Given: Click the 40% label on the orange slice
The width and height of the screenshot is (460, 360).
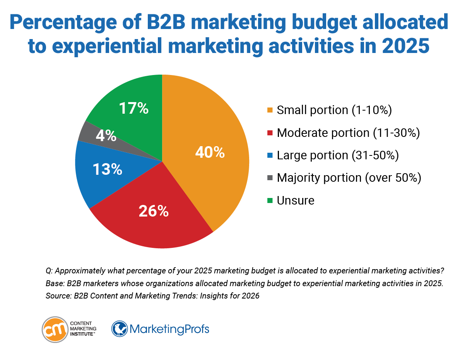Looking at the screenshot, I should (x=210, y=152).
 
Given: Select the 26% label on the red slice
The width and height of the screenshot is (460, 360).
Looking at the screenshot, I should (x=154, y=211).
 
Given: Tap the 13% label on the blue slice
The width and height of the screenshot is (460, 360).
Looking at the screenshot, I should (x=108, y=169).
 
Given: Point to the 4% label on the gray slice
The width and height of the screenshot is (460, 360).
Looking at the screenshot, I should (x=106, y=135).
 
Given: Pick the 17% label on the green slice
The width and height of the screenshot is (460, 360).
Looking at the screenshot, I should (x=134, y=108).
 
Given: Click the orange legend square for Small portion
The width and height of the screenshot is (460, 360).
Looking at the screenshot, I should (x=270, y=111).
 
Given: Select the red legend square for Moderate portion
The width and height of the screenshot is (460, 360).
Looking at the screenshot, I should (x=270, y=133).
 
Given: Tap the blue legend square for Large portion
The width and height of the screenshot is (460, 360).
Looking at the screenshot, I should (x=270, y=155).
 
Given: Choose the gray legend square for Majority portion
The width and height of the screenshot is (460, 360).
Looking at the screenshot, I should (x=270, y=178).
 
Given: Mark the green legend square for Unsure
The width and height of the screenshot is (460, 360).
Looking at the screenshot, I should (x=270, y=200).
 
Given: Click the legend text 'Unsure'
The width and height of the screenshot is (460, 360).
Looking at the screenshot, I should (x=296, y=200).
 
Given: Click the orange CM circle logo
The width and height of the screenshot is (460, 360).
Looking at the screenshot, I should (x=54, y=329).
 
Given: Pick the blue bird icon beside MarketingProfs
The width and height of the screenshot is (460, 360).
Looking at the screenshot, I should (x=119, y=329).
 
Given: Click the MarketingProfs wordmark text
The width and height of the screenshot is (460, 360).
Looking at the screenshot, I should (x=169, y=329).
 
